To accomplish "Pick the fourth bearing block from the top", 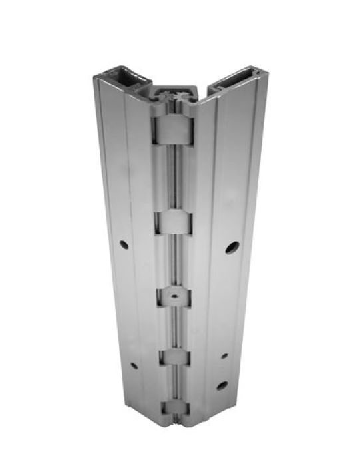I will tap(176, 357).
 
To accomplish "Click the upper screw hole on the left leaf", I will tap(124, 245).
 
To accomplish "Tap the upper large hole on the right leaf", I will tap(230, 248).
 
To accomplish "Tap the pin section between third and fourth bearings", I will tap(176, 328).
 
